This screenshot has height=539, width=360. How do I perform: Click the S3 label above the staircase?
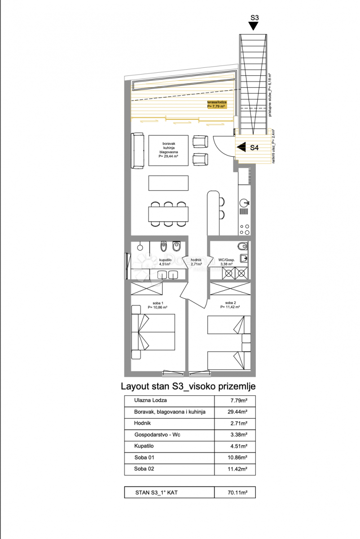pyautogui.click(x=254, y=18)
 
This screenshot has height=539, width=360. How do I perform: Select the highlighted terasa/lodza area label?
pyautogui.click(x=217, y=105)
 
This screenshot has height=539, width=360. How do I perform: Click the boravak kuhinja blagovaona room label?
pyautogui.click(x=168, y=150)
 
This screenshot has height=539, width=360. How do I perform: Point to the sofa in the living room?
pyautogui.click(x=137, y=150)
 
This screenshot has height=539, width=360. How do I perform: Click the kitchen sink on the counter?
pyautogui.click(x=245, y=203)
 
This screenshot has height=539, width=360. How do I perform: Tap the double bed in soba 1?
pyautogui.click(x=153, y=331)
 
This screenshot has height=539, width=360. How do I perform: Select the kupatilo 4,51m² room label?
pyautogui.click(x=165, y=262)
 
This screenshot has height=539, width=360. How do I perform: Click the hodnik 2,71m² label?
pyautogui.click(x=197, y=262)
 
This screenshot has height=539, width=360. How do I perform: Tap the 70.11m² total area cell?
pyautogui.click(x=235, y=492)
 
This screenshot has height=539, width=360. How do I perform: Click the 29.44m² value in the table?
pyautogui.click(x=235, y=412)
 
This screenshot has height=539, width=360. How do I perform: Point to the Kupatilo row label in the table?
pyautogui.click(x=144, y=446)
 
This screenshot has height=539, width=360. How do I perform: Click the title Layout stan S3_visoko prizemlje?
pyautogui.click(x=188, y=386)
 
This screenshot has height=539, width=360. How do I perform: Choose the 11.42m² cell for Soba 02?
pyautogui.click(x=235, y=469)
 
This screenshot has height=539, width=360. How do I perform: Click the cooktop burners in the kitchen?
pyautogui.click(x=245, y=229)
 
